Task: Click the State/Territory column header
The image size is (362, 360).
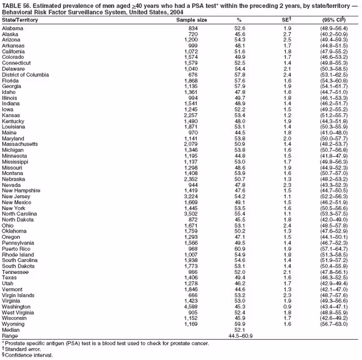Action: tap(20, 20)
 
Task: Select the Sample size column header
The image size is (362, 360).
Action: tap(191, 20)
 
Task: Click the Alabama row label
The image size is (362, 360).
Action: tap(13, 27)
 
